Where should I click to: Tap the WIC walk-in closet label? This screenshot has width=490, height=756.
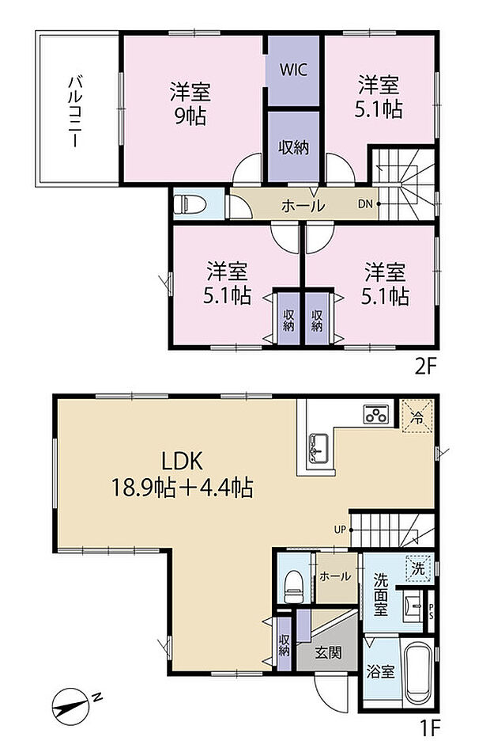coord(292,69)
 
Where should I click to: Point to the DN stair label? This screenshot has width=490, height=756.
coord(364,204)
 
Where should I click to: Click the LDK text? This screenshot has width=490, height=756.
coord(184,461)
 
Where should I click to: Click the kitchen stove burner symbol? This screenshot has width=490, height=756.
coord(375,415)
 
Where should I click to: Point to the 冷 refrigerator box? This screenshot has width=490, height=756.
coord(416,414)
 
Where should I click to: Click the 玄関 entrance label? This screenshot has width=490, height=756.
coord(328,653)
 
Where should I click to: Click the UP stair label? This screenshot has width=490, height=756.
coord(338,529)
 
